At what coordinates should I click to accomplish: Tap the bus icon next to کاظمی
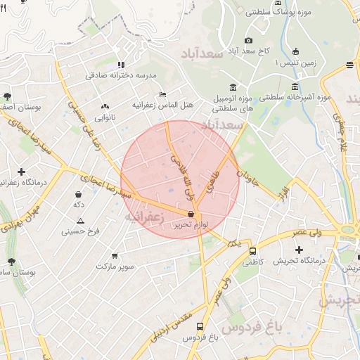click(x=253, y=251)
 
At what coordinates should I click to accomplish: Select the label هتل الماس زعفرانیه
click(x=163, y=105)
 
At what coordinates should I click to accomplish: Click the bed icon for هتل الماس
click(x=163, y=94)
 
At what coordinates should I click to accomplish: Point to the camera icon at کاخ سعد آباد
click(x=247, y=40)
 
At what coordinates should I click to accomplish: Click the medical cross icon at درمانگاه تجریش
click(x=299, y=250)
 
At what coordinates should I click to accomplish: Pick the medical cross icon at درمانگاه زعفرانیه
click(x=22, y=172)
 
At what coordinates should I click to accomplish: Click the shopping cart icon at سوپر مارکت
click(x=115, y=256)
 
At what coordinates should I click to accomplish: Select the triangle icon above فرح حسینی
click(x=80, y=221)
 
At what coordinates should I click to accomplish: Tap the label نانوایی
click(x=104, y=117)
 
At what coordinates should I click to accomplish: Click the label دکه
click(x=79, y=204)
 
